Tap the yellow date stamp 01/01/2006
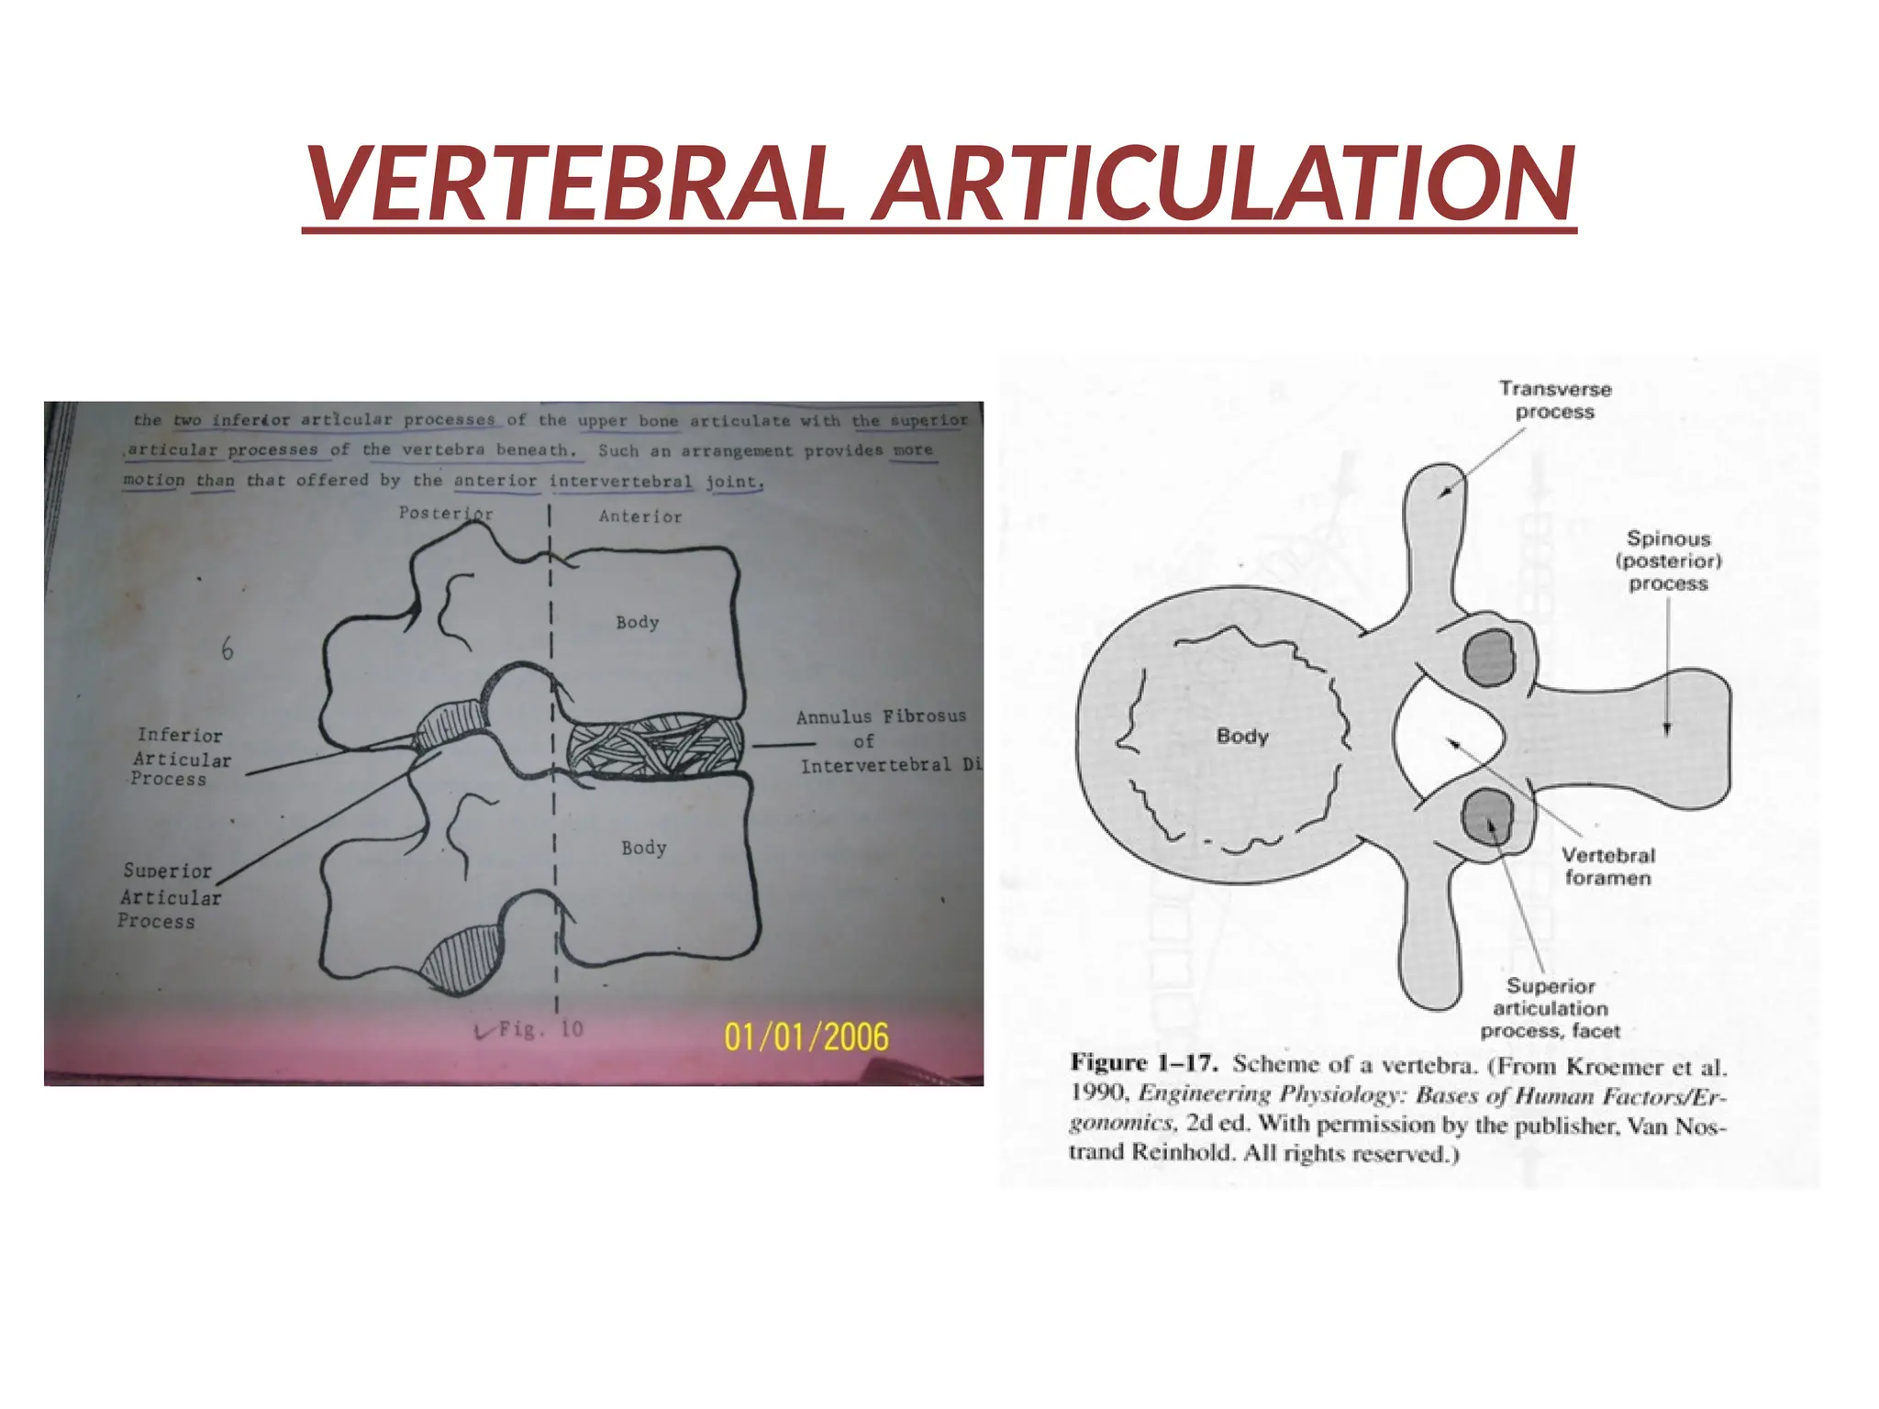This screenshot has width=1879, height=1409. click(x=806, y=1037)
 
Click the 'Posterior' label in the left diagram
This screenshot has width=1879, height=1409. click(x=446, y=513)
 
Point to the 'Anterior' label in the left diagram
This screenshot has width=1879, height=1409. click(x=640, y=516)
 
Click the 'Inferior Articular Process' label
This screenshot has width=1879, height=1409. click(x=180, y=758)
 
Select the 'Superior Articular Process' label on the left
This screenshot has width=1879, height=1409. click(x=170, y=896)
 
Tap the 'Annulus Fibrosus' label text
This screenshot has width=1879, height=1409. click(x=881, y=717)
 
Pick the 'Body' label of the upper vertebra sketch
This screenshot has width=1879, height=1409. click(x=638, y=622)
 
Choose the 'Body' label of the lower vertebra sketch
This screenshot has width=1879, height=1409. click(x=643, y=848)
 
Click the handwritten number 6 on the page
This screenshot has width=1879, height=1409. click(x=227, y=649)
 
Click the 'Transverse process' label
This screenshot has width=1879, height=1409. click(x=1555, y=400)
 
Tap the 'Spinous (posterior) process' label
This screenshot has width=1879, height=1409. click(x=1668, y=560)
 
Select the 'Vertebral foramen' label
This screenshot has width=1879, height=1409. click(x=1608, y=867)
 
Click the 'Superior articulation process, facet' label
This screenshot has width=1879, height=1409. click(x=1551, y=1008)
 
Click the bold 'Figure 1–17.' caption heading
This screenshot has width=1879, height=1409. click(x=1143, y=1064)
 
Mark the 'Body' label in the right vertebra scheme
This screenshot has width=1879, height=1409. click(x=1242, y=736)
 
